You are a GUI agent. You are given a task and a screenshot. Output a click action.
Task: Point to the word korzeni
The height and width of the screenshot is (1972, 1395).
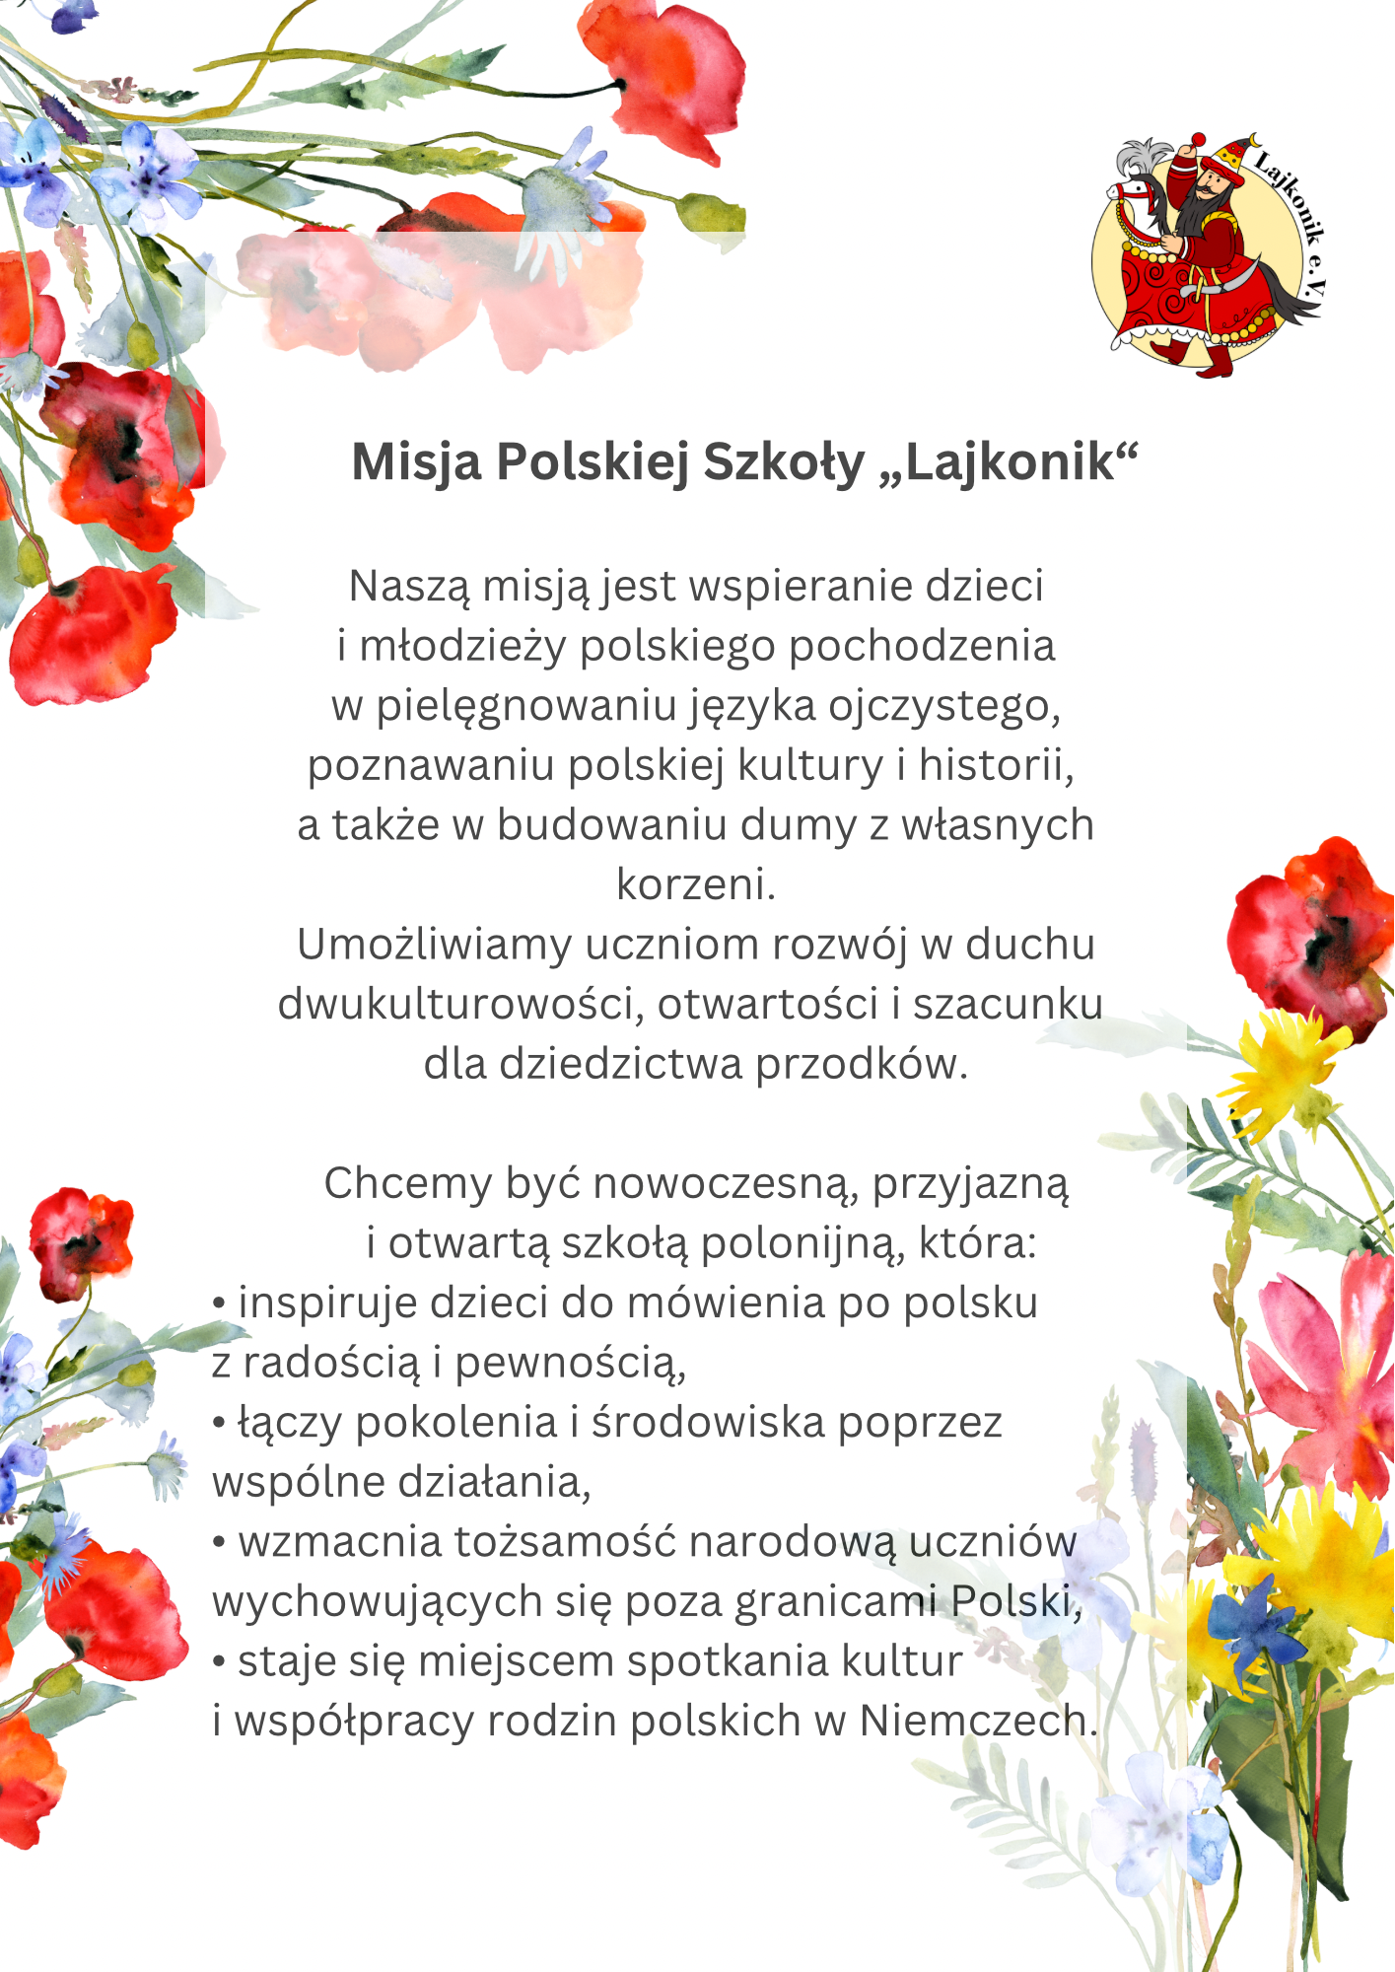coord(696,884)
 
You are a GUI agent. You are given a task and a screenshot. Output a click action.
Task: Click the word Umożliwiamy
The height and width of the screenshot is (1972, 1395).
coord(434,945)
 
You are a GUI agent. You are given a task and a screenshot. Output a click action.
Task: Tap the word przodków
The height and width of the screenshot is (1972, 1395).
coord(862,1065)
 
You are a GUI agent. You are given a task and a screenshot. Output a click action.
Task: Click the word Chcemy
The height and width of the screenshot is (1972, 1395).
coord(407,1184)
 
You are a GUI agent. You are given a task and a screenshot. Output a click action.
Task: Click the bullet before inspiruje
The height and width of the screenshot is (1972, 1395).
coord(219,1303)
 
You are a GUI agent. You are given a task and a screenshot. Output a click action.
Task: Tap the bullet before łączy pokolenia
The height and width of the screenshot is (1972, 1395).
coord(219,1424)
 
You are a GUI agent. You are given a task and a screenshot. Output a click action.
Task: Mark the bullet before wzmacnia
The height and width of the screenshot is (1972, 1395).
coord(219,1543)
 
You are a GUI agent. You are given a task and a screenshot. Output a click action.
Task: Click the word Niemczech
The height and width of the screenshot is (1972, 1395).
coord(977,1722)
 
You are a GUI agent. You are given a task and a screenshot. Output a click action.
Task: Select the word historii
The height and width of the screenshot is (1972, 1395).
coord(997,765)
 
